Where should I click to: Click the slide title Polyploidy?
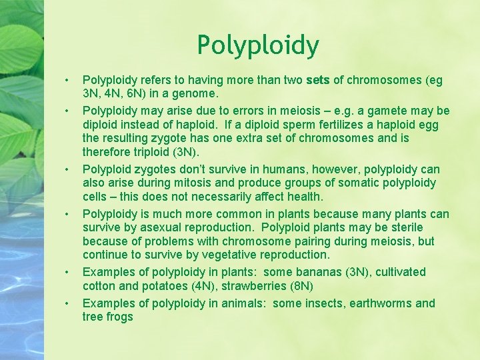258,45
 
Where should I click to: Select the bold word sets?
319,81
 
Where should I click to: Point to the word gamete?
397,110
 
